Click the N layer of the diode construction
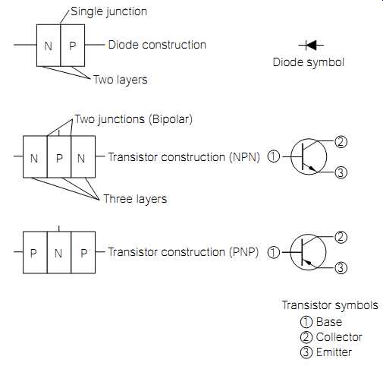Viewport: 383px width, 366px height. tap(49, 46)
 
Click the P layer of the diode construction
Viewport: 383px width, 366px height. tap(73, 46)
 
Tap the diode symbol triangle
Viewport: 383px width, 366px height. tap(311, 46)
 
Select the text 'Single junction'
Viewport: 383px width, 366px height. tap(108, 11)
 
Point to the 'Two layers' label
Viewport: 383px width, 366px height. tap(121, 80)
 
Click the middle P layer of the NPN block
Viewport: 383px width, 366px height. tap(59, 157)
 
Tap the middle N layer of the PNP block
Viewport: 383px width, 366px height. tap(59, 253)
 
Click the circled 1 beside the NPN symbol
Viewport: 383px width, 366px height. tap(274, 156)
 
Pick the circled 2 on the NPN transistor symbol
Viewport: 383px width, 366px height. tap(341, 142)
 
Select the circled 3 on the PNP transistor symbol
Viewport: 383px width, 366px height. tap(341, 268)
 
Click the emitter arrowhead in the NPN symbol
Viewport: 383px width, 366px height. tap(312, 169)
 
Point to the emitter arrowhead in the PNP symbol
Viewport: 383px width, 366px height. tap(308, 263)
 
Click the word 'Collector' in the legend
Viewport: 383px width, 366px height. tap(339, 337)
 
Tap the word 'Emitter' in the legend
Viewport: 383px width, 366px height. tap(334, 352)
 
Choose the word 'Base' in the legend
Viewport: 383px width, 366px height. tap(329, 322)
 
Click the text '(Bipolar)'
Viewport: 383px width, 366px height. tap(171, 119)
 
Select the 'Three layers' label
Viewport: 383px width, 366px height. tap(135, 199)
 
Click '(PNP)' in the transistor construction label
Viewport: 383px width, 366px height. tap(244, 252)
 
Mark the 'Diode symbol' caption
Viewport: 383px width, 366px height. tap(309, 62)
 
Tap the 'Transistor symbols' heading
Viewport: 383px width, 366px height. tap(330, 305)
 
